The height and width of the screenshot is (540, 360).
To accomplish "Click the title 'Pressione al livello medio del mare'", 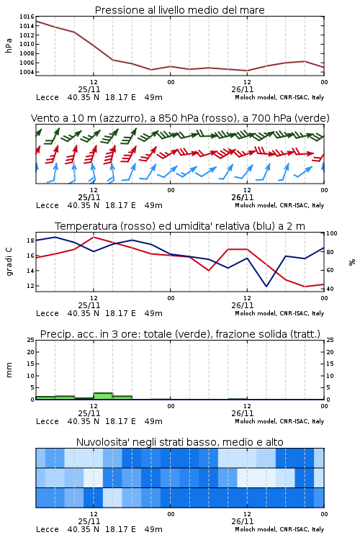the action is [179, 10].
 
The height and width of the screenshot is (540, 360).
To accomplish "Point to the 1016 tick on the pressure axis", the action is [27, 17].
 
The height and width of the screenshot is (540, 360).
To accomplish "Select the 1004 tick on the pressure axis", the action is [27, 72].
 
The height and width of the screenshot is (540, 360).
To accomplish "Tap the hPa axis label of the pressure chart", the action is [9, 45].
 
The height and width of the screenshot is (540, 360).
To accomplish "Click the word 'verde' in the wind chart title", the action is [311, 118].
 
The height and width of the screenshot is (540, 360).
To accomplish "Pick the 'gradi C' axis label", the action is [9, 261].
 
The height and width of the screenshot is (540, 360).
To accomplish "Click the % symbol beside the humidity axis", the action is [352, 262].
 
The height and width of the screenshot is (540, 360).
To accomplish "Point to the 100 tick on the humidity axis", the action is [332, 233].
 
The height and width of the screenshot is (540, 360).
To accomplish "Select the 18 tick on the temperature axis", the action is [30, 240].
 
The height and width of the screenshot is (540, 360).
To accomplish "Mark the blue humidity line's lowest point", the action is [266, 286].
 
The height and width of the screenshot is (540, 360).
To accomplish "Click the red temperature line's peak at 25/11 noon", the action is [94, 237].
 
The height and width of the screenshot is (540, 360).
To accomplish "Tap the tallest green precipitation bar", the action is [103, 396].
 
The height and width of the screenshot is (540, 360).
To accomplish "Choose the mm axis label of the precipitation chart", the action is [9, 370].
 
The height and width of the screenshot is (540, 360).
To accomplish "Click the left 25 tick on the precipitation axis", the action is [30, 340].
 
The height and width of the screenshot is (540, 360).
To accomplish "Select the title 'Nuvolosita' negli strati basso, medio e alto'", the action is [179, 442].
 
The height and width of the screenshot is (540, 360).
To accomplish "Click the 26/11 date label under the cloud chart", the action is [243, 521].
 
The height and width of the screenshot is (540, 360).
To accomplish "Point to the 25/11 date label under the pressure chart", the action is [89, 89].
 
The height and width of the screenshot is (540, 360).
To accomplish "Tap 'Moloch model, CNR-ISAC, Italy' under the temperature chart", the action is [279, 313].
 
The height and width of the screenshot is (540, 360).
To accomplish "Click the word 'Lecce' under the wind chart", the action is [48, 206].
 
